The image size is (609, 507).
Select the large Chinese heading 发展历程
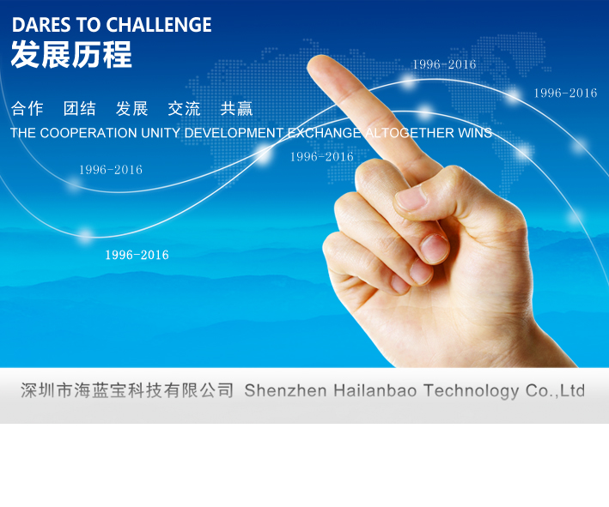click(x=71, y=55)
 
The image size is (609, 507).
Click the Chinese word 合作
click(x=27, y=109)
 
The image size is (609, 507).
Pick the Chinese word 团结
click(x=79, y=109)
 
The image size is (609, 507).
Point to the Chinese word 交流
click(x=184, y=109)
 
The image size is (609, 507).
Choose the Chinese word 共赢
click(x=236, y=109)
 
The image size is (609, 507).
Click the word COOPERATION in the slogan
click(x=88, y=133)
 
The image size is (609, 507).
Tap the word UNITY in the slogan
click(x=161, y=133)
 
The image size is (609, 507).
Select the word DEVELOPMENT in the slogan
click(x=234, y=133)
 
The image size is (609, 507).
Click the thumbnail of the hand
click(x=411, y=198)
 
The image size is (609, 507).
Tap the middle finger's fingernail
click(x=435, y=249)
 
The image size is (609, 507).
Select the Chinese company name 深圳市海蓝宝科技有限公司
click(x=127, y=390)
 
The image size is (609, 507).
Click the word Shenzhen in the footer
click(x=285, y=390)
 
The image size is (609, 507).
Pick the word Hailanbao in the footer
click(x=375, y=390)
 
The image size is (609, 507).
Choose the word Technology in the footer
click(x=471, y=391)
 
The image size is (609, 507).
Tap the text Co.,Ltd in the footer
click(x=555, y=390)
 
